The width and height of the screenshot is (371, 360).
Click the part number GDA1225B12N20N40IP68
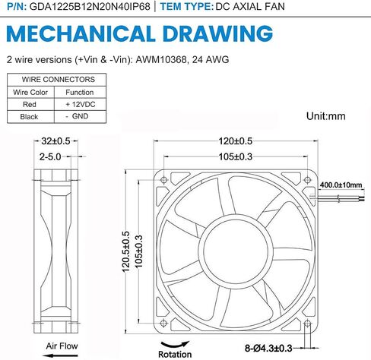90,6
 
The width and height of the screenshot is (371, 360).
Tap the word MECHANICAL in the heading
81,33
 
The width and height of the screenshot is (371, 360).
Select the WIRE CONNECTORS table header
59,80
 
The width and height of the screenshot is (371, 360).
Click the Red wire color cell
30,104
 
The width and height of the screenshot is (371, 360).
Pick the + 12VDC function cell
81,104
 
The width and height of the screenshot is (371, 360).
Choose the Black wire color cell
29,117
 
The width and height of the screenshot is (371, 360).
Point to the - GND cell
77,116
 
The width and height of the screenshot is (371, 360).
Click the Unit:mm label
326,116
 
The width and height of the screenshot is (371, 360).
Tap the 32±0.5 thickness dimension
55,141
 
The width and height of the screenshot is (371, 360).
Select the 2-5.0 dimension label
50,157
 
